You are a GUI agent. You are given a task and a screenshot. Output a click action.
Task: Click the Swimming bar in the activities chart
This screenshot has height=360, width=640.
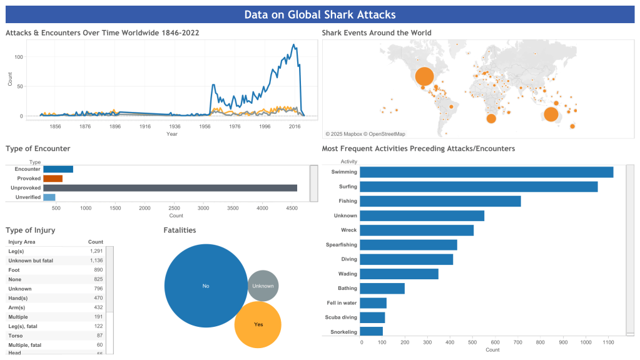pos(486,172)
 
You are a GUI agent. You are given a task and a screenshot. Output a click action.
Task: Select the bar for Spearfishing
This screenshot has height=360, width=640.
pos(409,245)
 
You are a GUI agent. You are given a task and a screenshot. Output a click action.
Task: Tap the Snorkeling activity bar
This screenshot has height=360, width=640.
pos(372,331)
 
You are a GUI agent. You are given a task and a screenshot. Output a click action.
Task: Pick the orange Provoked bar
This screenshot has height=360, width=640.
pos(53,178)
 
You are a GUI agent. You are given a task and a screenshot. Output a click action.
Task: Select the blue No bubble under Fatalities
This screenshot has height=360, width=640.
pos(206,285)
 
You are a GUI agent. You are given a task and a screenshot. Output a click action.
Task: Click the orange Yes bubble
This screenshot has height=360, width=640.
pos(258,324)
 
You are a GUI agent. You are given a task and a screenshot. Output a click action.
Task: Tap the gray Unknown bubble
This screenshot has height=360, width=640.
pos(263,285)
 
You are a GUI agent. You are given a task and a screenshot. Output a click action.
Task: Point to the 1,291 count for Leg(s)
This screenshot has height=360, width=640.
pos(96,250)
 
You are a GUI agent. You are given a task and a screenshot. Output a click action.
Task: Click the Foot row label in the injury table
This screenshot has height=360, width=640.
pos(14,269)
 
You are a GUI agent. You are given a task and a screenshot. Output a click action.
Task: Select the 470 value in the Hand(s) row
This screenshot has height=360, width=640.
pos(98,298)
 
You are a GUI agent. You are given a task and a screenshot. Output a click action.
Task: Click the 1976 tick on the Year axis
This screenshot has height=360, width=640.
pos(234,126)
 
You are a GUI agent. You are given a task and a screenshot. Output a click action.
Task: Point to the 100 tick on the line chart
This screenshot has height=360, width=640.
pos(19,57)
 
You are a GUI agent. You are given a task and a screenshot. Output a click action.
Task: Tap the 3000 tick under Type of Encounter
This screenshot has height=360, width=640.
pos(203,208)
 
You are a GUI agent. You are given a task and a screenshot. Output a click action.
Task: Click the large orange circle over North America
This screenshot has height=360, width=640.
pos(424,76)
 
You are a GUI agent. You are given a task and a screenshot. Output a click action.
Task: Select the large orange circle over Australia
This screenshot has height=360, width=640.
pos(551,114)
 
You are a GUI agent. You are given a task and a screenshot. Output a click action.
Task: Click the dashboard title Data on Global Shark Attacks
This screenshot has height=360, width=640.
pos(320,14)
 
